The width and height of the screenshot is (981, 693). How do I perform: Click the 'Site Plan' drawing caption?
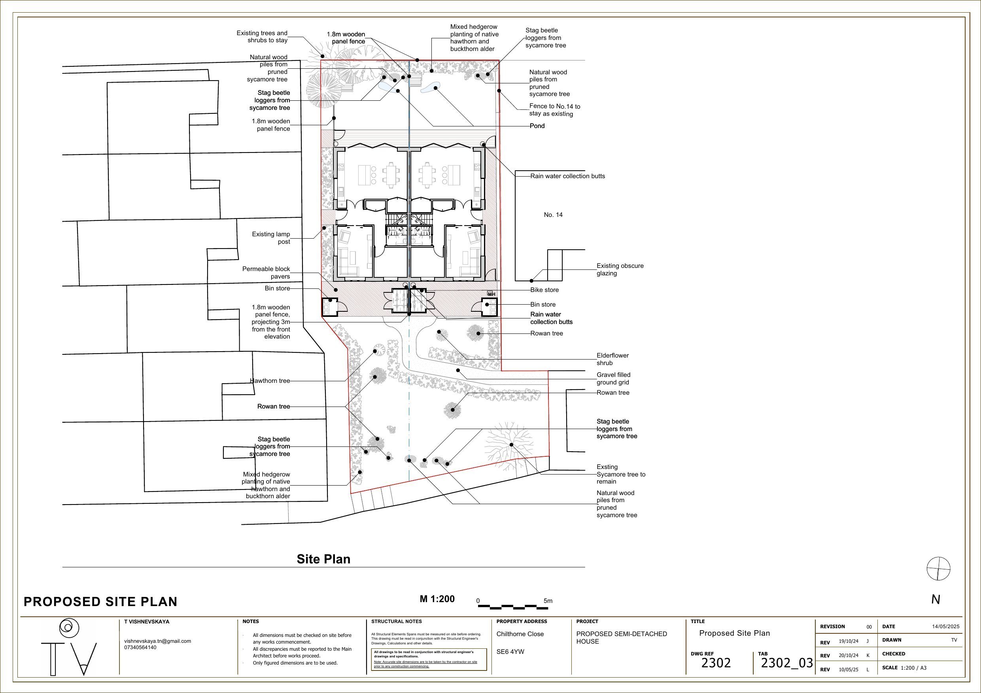(x=323, y=559)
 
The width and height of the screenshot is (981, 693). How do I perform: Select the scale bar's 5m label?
(x=548, y=601)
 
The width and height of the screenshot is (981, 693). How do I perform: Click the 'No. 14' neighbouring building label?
(x=553, y=215)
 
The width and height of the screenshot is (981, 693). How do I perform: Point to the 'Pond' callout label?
(x=537, y=126)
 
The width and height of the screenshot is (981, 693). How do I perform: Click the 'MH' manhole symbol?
(x=491, y=294)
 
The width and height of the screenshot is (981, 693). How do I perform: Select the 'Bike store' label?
(x=544, y=290)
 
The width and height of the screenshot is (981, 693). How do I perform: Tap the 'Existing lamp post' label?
(x=271, y=238)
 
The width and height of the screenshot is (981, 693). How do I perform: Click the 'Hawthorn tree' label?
(x=270, y=381)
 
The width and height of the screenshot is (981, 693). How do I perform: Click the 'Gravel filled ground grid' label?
(x=613, y=379)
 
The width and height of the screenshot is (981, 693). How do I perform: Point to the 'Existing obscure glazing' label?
(x=620, y=269)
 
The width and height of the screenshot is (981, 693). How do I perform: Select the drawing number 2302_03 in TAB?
(x=786, y=663)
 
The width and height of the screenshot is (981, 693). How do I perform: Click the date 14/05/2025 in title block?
(x=945, y=626)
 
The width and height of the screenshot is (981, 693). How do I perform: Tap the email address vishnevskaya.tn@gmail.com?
(x=157, y=641)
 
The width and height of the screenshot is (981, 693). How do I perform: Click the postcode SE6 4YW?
(x=510, y=652)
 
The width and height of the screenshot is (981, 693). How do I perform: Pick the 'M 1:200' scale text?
(x=437, y=599)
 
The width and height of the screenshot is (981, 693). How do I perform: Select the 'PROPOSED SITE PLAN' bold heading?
(x=100, y=602)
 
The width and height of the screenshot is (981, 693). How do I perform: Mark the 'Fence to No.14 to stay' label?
(x=554, y=110)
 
